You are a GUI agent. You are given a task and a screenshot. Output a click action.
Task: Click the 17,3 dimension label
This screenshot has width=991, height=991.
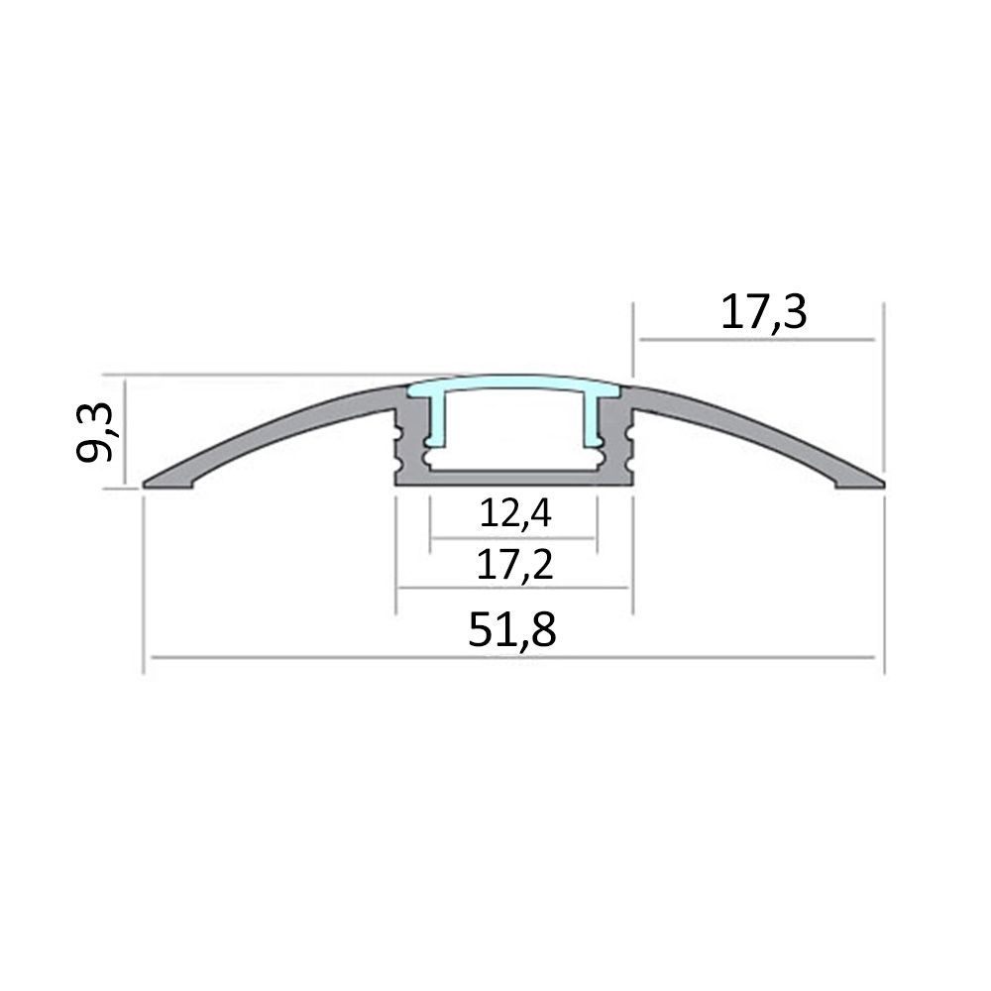[x=763, y=313]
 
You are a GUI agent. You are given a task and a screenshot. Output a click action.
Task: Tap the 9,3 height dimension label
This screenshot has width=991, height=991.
[x=95, y=432]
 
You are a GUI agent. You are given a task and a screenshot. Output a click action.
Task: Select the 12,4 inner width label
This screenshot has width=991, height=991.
[x=515, y=512]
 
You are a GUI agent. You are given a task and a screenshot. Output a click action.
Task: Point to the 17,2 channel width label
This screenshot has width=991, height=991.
[x=514, y=565]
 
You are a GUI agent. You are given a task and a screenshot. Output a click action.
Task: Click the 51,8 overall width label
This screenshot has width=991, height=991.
[x=512, y=629]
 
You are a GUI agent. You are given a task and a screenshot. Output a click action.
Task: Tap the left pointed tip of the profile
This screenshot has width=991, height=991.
[x=144, y=485]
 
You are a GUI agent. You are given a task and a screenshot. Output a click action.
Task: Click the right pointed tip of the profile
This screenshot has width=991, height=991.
[x=884, y=485]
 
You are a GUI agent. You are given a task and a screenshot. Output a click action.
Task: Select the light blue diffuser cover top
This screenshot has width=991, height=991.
[x=513, y=385]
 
